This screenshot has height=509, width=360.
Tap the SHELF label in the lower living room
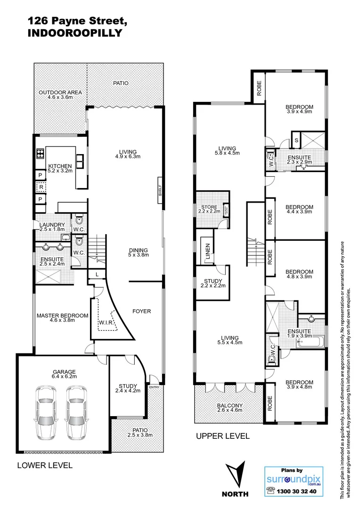[x=160, y=190]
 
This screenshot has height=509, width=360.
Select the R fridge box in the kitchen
[x=41, y=187]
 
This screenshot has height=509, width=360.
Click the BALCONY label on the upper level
[x=229, y=405]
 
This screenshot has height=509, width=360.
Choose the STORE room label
[x=209, y=206]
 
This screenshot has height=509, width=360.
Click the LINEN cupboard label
[x=207, y=252]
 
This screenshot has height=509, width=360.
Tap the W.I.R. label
[x=105, y=323]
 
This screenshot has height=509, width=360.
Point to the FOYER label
[x=141, y=311]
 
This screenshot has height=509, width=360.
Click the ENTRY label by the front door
[x=154, y=387]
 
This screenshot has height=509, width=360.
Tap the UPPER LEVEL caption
[x=222, y=436]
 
